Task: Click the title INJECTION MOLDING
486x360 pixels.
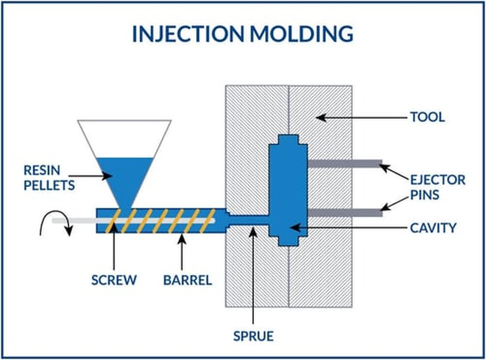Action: click(x=242, y=34)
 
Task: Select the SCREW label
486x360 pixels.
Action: click(x=114, y=280)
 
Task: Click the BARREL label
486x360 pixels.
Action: click(x=188, y=280)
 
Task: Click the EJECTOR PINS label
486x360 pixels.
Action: click(x=433, y=187)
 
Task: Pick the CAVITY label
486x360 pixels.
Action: click(x=433, y=228)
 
